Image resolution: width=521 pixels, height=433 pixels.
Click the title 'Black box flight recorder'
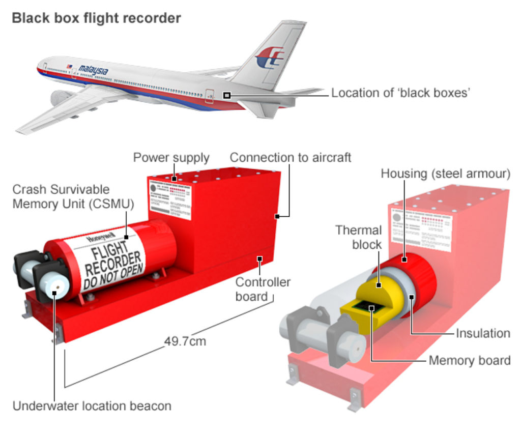(x=96, y=18)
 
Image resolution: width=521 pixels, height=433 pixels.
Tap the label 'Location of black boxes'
(x=400, y=93)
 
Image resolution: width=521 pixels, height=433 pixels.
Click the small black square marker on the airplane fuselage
(x=227, y=95)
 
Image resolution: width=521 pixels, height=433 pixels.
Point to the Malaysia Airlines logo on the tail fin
(x=270, y=57)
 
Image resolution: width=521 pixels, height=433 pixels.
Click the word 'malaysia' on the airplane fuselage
(x=93, y=70)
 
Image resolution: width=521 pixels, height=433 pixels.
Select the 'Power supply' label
(x=171, y=158)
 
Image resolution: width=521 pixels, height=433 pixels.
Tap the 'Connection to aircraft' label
(x=290, y=157)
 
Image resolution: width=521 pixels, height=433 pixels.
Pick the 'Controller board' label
(x=263, y=288)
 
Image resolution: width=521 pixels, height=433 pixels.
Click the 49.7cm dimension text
(x=185, y=340)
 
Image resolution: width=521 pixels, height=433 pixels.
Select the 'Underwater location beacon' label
(x=92, y=406)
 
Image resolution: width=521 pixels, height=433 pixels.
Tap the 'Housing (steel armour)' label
(x=445, y=174)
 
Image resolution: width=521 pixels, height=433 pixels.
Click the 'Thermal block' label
(x=358, y=237)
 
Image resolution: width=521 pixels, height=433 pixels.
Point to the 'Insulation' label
(x=483, y=333)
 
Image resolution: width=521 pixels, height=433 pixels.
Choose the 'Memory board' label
(x=470, y=361)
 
